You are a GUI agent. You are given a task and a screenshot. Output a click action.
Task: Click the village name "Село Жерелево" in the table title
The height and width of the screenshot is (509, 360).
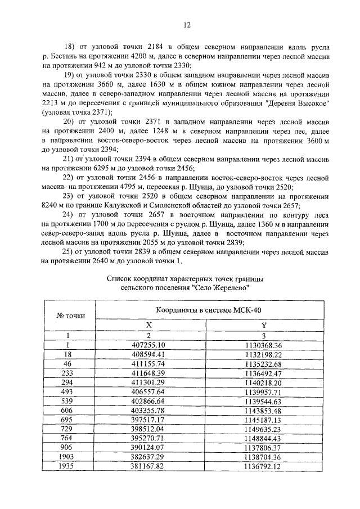214,286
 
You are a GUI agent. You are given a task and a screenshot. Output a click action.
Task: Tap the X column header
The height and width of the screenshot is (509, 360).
148,325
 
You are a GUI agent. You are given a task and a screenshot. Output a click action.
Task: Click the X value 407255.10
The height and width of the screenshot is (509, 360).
148,345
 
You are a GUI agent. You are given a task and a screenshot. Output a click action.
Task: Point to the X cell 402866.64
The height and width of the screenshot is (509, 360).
148,403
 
